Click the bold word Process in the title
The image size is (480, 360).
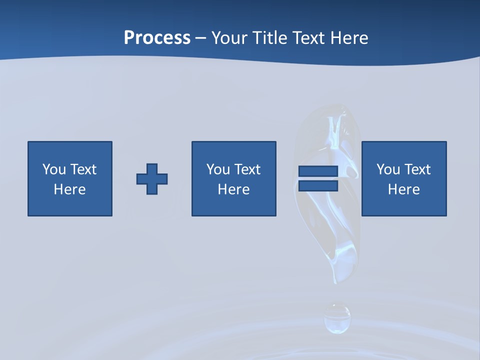157,38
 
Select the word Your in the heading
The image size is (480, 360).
230,38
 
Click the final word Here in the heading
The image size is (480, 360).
349,38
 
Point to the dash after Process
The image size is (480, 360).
200,38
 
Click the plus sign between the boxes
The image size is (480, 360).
152,179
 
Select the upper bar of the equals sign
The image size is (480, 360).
318,171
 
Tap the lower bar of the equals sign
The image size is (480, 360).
318,186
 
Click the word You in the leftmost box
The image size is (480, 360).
54,169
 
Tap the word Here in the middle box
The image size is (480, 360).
234,189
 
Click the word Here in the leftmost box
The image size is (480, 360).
70,189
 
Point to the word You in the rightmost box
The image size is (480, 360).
388,169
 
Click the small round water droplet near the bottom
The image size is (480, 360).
337,317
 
